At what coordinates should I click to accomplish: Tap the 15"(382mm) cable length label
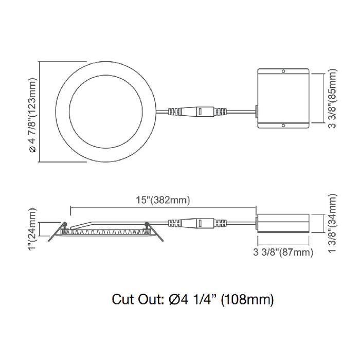tap(163, 201)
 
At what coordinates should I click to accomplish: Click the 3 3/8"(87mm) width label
tap(283, 252)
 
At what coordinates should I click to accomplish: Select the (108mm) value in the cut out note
tap(247, 299)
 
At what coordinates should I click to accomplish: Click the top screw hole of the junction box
tap(282, 71)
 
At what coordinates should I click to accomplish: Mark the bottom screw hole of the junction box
tap(282, 124)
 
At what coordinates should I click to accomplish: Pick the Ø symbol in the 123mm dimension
tap(32, 149)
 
